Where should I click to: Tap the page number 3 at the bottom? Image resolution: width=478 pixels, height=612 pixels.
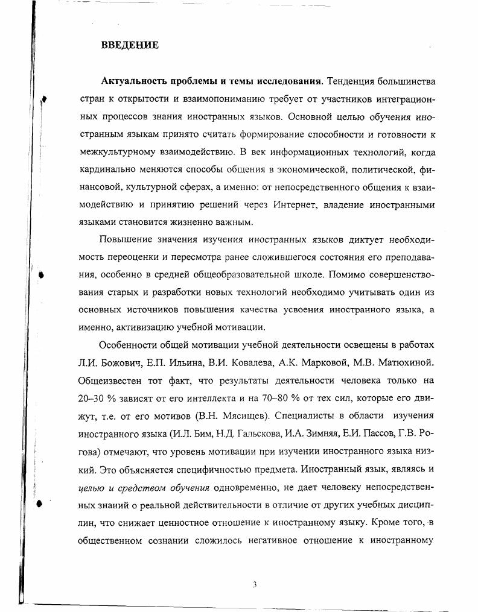click(x=255, y=584)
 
